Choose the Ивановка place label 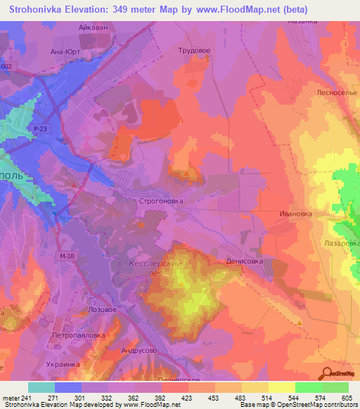point(295,213)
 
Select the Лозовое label point(98,309)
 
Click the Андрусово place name point(139,350)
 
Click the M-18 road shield point(67,256)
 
